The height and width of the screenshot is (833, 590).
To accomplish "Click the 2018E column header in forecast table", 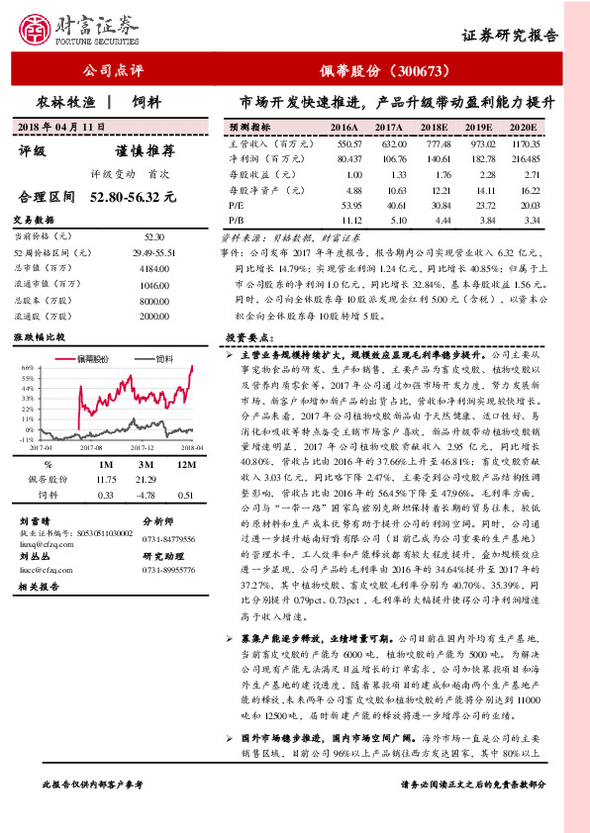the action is [x=434, y=129].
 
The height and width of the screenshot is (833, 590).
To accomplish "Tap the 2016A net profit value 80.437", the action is [x=346, y=159].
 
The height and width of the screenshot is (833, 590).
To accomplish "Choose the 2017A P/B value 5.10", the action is [x=389, y=219].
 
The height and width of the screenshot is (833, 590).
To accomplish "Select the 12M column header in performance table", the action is [x=185, y=463].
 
